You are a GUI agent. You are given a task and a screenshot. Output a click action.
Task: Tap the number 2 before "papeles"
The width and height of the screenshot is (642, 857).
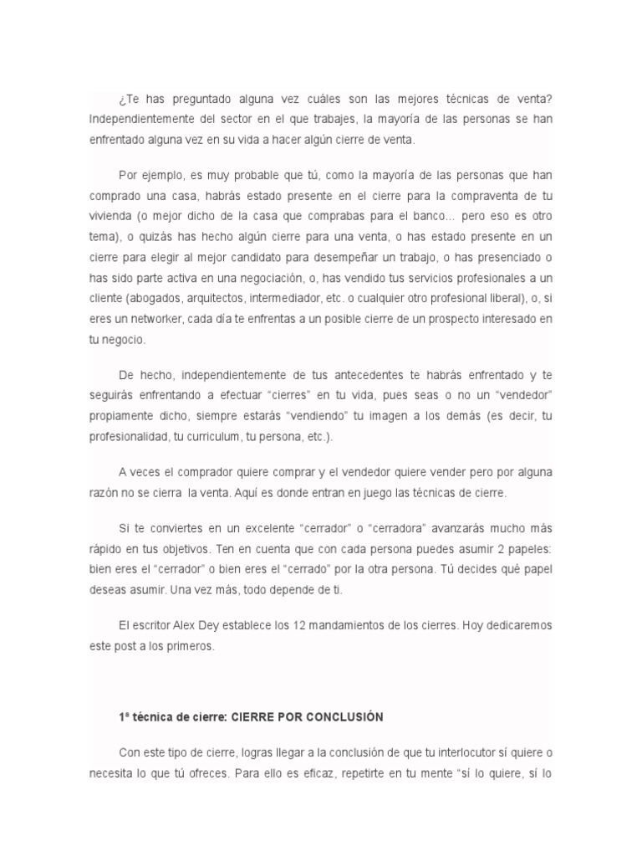[x=497, y=548]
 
